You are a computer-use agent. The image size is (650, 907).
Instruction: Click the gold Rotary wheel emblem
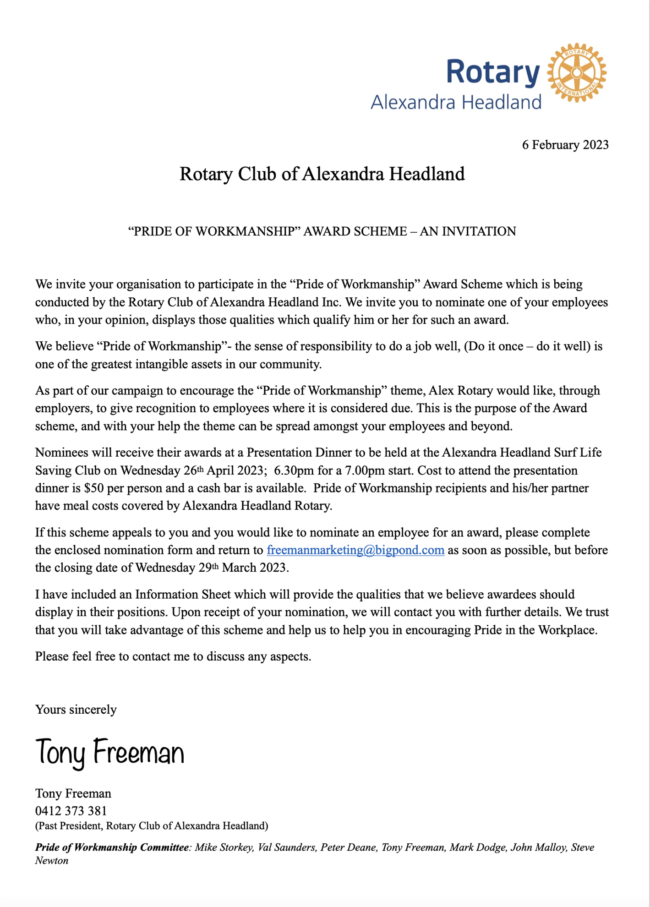coord(577,72)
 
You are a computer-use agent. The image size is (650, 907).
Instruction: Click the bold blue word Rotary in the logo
coord(493,72)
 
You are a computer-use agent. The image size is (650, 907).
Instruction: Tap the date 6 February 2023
coord(565,145)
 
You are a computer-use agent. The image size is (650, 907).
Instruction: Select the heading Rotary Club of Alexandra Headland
coord(322,174)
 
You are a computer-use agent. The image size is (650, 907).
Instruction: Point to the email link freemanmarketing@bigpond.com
coord(355,550)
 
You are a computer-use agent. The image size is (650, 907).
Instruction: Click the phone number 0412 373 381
coord(71,811)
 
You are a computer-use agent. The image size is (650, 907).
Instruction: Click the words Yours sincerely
coord(76,710)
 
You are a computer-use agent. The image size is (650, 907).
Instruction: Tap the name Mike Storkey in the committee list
coord(224,847)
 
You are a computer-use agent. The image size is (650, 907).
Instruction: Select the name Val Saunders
coord(287,847)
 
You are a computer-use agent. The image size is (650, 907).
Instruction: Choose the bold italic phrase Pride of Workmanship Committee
coord(112,847)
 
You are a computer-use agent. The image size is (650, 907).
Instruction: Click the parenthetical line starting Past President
coord(152,826)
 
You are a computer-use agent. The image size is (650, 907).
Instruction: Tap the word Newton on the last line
coord(52,861)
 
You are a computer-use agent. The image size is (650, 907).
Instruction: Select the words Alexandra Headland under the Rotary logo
coord(456,102)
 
